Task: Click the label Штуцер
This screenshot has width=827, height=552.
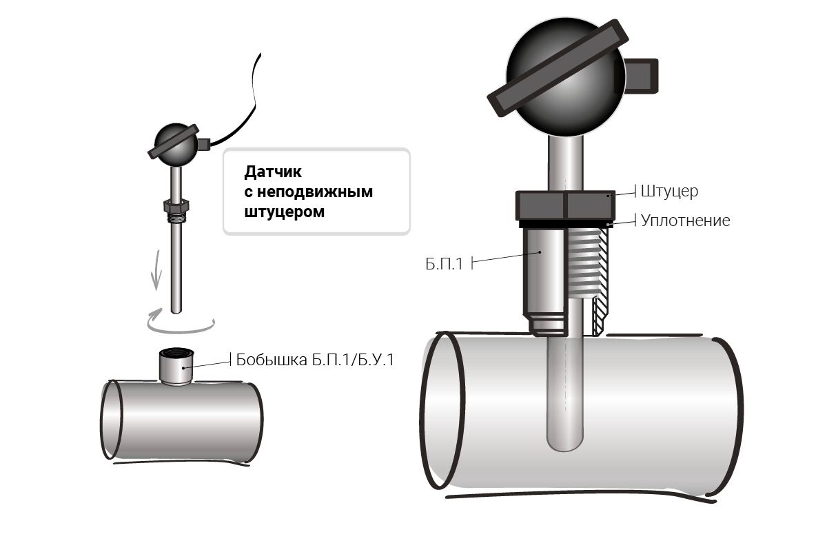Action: point(669,192)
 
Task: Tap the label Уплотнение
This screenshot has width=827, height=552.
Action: point(685,221)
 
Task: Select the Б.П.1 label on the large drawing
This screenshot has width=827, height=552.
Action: point(444,264)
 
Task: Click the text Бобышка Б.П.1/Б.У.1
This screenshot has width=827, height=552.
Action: point(315,360)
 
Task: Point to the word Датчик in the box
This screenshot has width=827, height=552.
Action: point(273,172)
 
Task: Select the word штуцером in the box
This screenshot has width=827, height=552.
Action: point(284,212)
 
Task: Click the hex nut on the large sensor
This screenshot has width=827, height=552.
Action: point(565,205)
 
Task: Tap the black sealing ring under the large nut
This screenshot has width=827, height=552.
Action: point(566,224)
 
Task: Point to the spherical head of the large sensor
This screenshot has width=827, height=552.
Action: point(566,76)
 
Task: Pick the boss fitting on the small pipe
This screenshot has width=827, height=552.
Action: point(176,367)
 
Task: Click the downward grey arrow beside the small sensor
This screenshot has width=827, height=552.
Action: point(157,270)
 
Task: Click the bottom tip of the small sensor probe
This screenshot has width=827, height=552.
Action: point(176,313)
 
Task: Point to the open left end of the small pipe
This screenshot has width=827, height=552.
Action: point(112,420)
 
